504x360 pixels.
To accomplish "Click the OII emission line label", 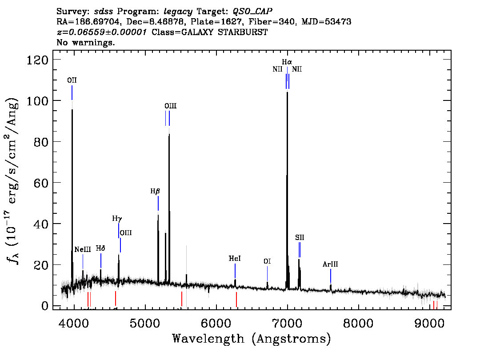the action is [x=72, y=80].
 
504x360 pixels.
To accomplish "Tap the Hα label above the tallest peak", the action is [x=287, y=62].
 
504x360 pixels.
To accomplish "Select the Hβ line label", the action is [x=155, y=191].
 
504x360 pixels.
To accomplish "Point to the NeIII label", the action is [x=83, y=249].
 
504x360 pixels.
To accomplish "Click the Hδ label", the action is [x=100, y=248].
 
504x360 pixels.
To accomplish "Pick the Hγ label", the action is [x=117, y=219].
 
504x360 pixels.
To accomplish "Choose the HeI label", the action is [x=235, y=258].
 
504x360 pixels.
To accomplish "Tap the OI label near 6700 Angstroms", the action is [x=267, y=261].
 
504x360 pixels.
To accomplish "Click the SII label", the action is [x=300, y=237].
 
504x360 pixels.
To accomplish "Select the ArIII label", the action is [x=330, y=264].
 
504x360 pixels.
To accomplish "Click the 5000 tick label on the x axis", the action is [x=145, y=323].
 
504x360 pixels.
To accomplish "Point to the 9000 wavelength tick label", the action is [x=429, y=323].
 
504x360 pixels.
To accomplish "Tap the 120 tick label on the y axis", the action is [x=37, y=60].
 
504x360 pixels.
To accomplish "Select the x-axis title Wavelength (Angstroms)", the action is [x=252, y=339].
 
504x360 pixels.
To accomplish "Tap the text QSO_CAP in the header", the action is [x=252, y=12].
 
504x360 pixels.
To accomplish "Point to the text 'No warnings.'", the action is [x=85, y=42].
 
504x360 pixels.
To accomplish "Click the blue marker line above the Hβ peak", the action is [x=158, y=203].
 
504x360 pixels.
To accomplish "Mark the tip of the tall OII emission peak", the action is [x=72, y=109].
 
